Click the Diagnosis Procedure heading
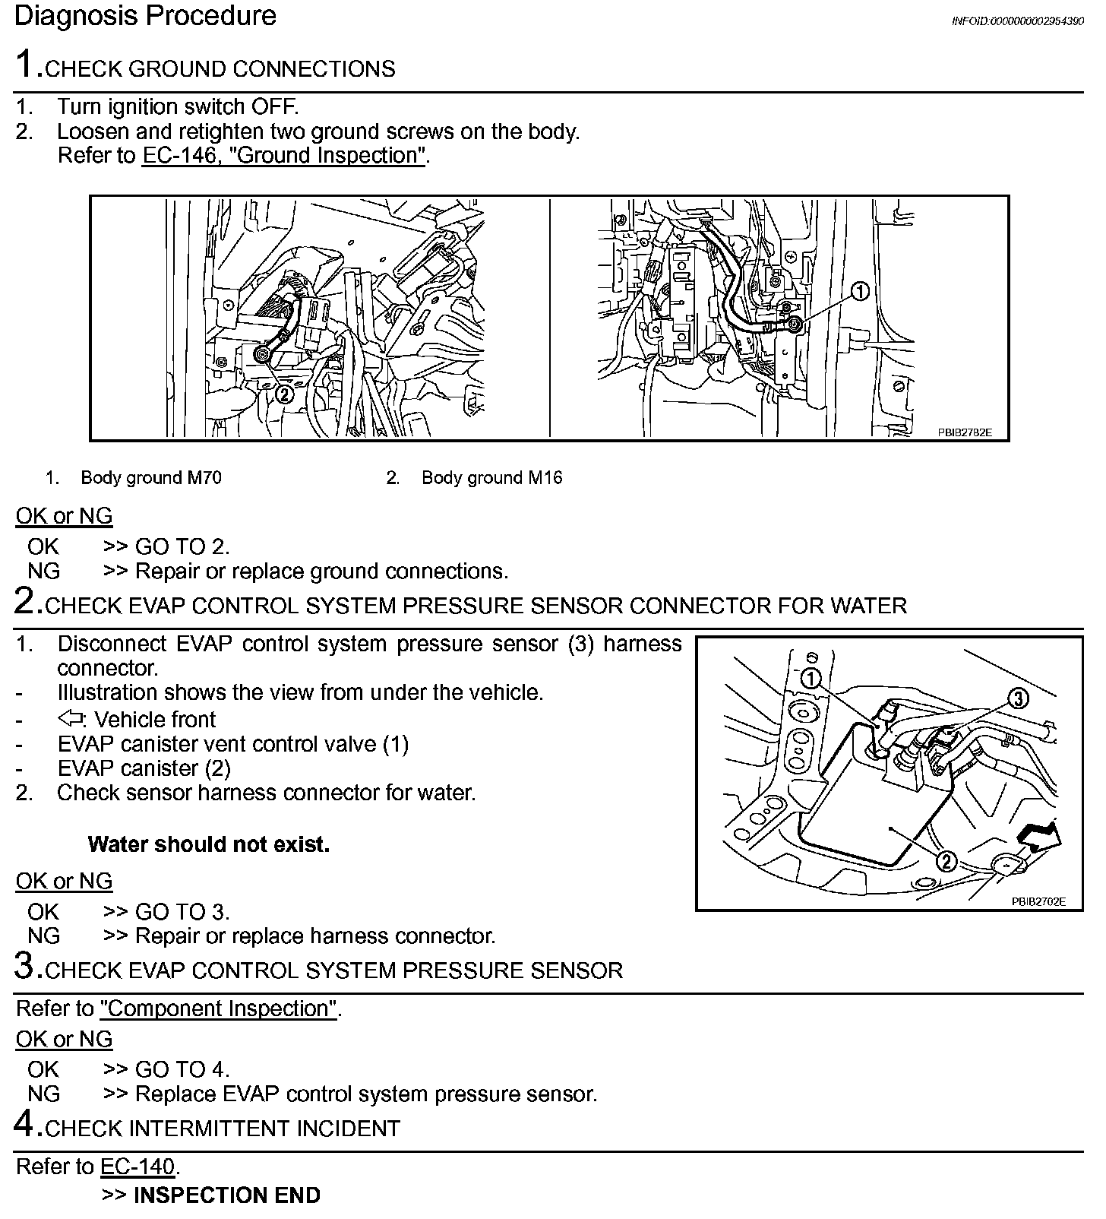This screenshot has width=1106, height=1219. pos(145,16)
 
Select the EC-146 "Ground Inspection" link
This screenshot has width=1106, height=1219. pos(283,156)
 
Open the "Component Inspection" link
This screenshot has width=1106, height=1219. pos(219,1008)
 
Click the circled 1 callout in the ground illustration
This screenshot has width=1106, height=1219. pos(859,291)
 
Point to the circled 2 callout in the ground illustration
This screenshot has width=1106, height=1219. pos(283,393)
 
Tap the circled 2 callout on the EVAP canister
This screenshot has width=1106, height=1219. pos(946,861)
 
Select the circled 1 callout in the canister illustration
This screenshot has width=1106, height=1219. pos(811,679)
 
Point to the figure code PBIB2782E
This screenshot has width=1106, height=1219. pos(964,432)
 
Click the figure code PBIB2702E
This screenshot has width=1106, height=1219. pos(1038,901)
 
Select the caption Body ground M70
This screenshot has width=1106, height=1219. pos(151,478)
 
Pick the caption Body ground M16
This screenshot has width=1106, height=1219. pos(491,478)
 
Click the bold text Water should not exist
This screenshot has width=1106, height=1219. pos(209,844)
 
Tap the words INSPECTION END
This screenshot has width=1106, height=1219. pos(226,1195)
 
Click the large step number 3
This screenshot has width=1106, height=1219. pos(24,966)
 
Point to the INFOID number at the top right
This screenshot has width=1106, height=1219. pos(1017,21)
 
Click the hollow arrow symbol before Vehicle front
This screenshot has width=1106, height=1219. pos(70,719)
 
